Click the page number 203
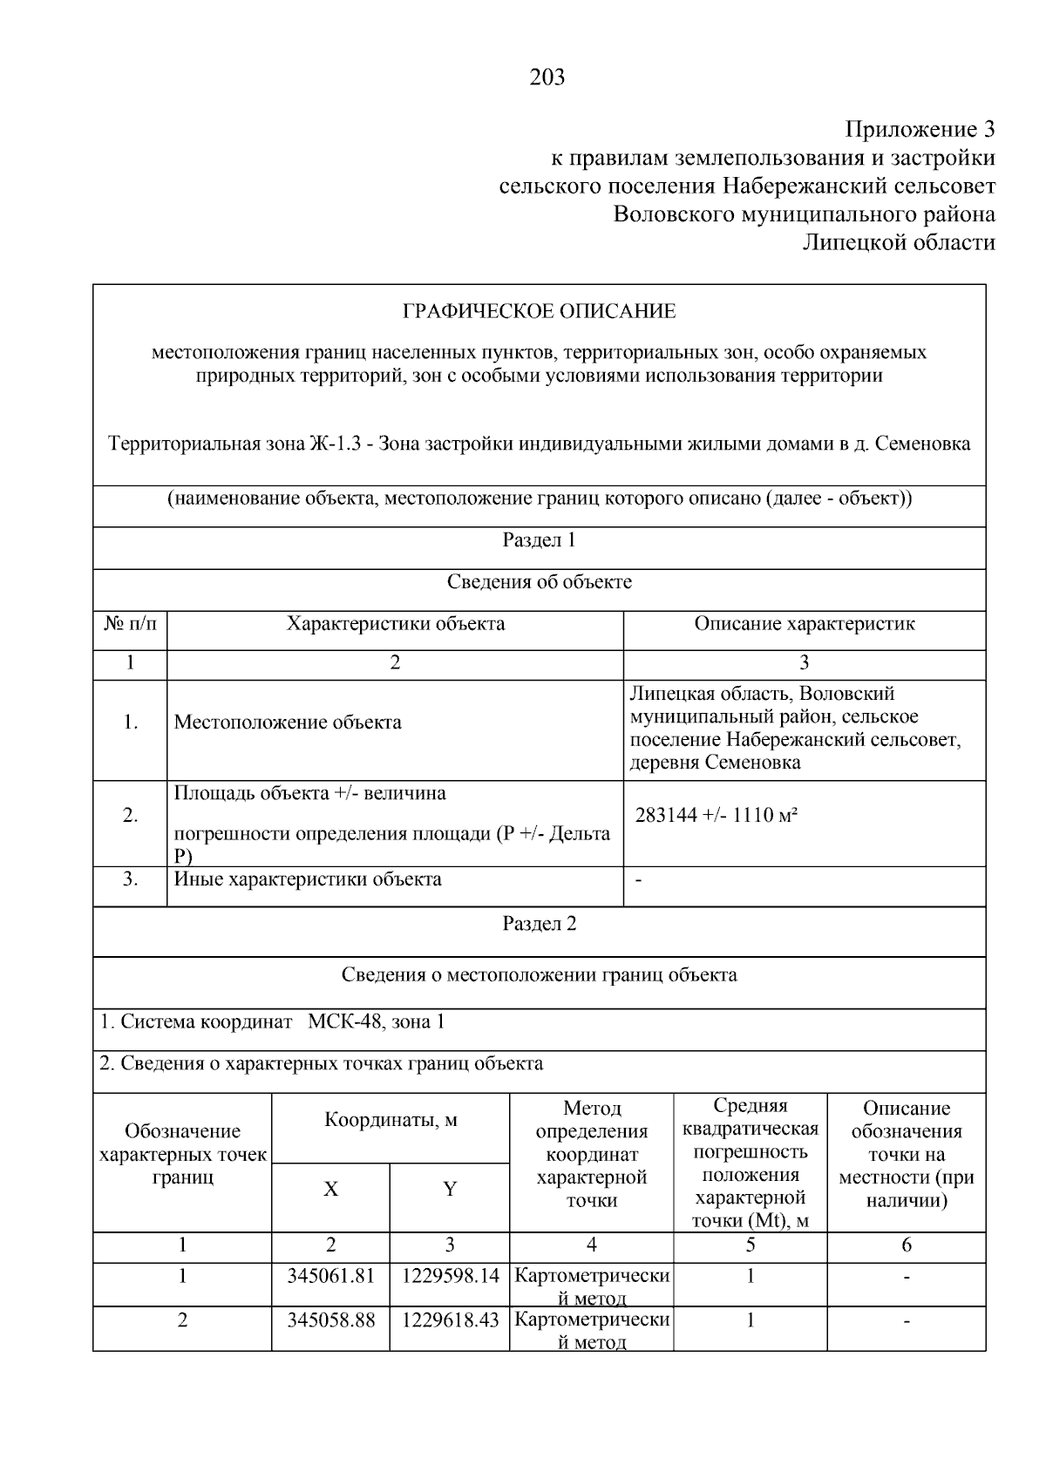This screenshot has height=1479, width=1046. (x=547, y=78)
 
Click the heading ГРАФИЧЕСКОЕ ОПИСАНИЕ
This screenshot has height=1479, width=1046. (x=539, y=311)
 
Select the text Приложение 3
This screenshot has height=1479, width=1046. (x=920, y=130)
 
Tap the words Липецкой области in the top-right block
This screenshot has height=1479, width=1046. (x=899, y=242)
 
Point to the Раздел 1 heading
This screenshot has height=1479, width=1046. (x=539, y=540)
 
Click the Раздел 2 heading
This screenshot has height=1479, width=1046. (x=539, y=924)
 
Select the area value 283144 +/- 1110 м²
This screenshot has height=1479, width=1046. (x=717, y=816)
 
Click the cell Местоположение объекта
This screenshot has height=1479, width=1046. (x=288, y=723)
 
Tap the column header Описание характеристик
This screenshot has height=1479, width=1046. (x=804, y=624)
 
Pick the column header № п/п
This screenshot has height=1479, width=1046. (x=130, y=624)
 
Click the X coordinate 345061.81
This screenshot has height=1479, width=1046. (x=330, y=1277)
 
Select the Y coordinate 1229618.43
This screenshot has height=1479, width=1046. (x=450, y=1320)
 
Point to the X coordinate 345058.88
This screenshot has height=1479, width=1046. (x=330, y=1320)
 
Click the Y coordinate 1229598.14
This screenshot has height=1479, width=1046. (x=450, y=1277)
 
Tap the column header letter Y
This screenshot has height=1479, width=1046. (x=450, y=1190)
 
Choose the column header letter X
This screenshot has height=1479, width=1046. (x=330, y=1190)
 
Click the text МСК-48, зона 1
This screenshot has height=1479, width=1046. (x=376, y=1021)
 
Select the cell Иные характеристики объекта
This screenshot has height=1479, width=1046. (x=308, y=879)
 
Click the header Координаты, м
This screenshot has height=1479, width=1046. (x=391, y=1120)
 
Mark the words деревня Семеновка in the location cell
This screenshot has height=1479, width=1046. (x=715, y=763)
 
